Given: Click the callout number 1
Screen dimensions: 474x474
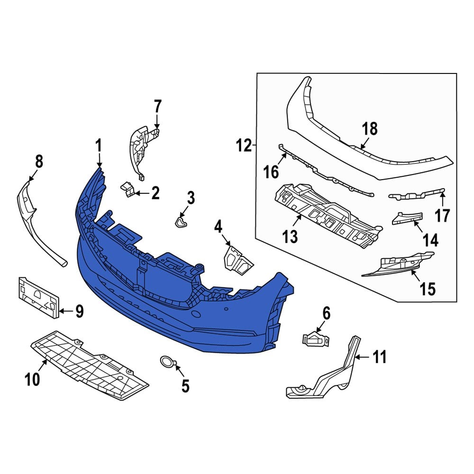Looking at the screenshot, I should tap(99, 146).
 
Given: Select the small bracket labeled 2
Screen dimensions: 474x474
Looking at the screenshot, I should tap(128, 189).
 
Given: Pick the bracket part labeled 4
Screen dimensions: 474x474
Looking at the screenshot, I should tap(237, 260).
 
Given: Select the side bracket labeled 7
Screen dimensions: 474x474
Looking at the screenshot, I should tap(142, 147).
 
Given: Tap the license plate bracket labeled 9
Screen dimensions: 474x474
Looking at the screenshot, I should tap(38, 296).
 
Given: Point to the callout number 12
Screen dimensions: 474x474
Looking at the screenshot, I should tap(244, 145).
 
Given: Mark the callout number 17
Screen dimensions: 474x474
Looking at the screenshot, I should tap(442, 216).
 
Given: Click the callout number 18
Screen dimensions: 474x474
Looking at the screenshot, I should tap(371, 129).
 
